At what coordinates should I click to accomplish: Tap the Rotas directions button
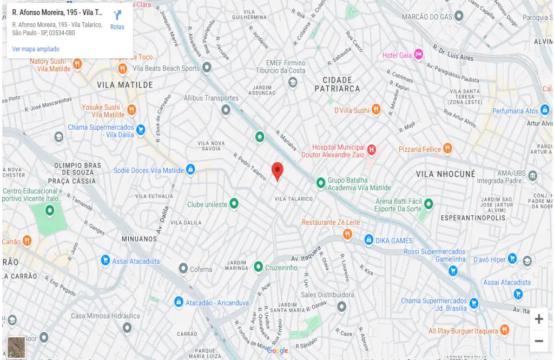pos(117,19)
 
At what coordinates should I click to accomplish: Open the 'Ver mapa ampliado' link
pos(36,49)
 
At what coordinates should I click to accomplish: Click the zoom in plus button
pos(539,319)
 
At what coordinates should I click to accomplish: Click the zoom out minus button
pos(539,341)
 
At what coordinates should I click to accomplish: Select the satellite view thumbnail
pos(16,347)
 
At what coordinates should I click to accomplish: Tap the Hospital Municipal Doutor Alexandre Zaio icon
pos(371,150)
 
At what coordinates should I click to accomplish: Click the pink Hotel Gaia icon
pos(418,55)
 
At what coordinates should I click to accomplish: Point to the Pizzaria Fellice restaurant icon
pos(447,148)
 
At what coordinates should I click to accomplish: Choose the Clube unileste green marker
pos(234,204)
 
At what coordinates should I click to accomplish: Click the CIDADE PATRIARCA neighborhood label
pos(337,84)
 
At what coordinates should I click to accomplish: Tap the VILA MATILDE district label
pos(125,85)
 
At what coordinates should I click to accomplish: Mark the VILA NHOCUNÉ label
pos(445,174)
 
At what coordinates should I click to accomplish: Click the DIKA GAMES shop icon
pos(368,239)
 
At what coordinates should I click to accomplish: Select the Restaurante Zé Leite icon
pos(347,234)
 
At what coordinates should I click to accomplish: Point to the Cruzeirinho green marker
pos(259,267)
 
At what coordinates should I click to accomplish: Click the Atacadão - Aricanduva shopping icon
pos(179,302)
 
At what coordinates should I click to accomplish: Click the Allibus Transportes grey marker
pos(226,110)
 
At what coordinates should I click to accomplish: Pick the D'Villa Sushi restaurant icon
pos(376,110)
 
